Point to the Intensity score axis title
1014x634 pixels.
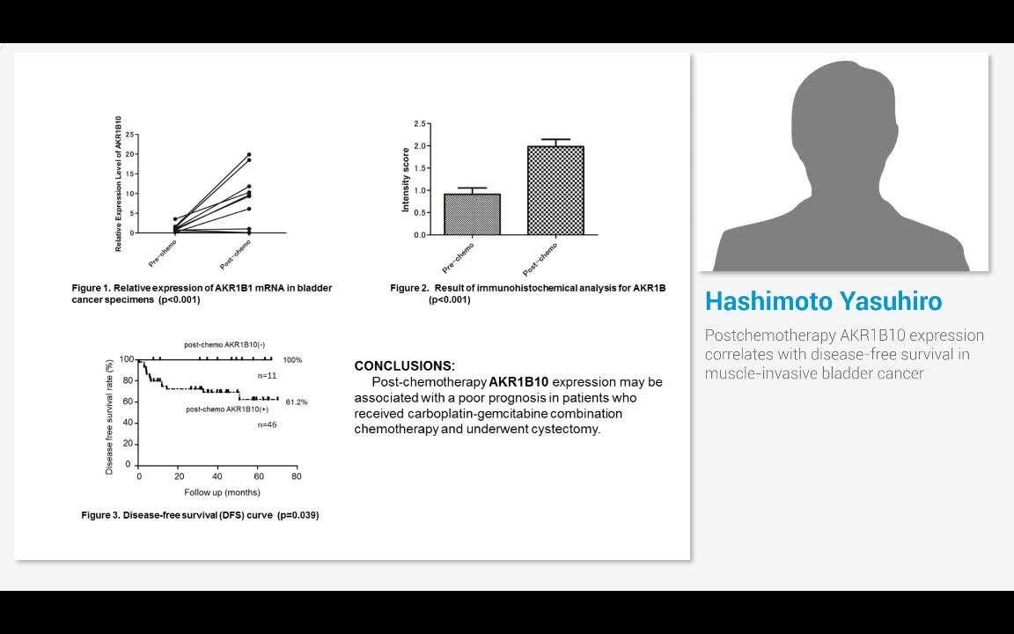[x=406, y=180]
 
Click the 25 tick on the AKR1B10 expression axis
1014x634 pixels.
[x=129, y=135]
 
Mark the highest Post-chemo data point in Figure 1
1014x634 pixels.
[x=249, y=155]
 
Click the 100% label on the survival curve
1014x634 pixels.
[x=292, y=360]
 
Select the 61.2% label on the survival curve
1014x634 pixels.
[x=296, y=402]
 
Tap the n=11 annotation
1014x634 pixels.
[x=267, y=375]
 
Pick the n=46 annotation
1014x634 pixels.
[x=267, y=424]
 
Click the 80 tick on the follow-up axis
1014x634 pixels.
[x=296, y=476]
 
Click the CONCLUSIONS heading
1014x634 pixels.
[x=404, y=365]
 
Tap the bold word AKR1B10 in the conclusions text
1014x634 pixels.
[x=518, y=382]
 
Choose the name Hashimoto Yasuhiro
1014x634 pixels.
[x=823, y=301]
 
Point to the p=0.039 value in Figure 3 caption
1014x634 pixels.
[x=298, y=515]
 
